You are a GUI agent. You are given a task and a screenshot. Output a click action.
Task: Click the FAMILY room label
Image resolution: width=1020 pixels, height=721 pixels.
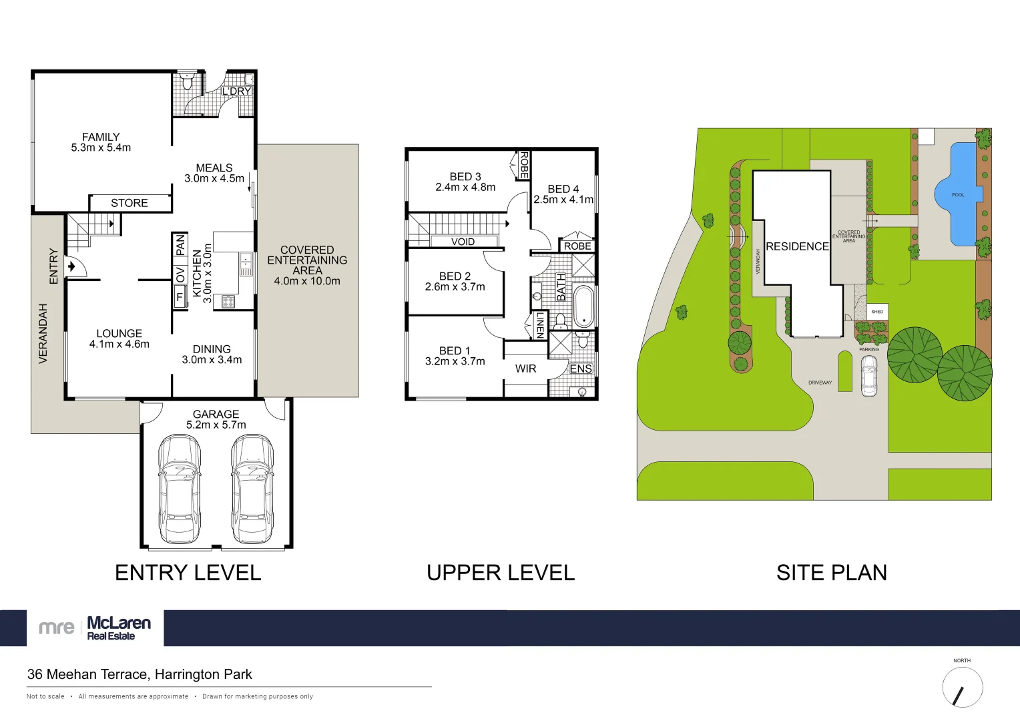[x=101, y=137]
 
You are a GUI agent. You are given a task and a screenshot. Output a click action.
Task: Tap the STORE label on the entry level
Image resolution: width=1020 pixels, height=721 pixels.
[x=130, y=203]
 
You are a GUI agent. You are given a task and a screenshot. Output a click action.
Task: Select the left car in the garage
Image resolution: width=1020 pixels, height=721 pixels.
[x=180, y=489]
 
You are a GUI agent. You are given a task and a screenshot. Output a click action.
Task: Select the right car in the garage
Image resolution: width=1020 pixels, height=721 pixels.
[x=252, y=489]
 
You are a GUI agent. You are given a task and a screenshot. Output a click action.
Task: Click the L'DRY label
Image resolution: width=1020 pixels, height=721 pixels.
[x=236, y=91]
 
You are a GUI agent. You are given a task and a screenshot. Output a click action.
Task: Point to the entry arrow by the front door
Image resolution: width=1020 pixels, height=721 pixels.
[x=72, y=267]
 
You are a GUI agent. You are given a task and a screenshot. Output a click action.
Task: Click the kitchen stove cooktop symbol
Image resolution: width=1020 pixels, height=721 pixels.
[x=228, y=302]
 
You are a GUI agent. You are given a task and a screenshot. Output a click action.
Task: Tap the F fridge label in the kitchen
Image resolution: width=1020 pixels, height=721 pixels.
[x=180, y=298]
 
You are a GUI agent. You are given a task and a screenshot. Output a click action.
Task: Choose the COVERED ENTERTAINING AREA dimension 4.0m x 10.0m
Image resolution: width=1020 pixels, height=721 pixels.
[x=307, y=281]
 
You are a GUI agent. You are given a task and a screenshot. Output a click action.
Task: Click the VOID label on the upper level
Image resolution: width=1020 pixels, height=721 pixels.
[x=463, y=242]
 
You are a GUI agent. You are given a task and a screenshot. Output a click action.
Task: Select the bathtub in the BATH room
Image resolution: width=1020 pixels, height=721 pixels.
[x=583, y=306]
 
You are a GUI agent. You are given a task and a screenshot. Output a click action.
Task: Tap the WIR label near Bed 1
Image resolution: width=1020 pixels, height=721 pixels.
[x=525, y=369]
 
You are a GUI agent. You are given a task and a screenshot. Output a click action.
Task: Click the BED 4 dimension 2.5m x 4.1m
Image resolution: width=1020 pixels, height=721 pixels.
[x=563, y=200]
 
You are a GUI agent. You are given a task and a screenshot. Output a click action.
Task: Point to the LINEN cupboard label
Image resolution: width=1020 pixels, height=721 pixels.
[x=540, y=325]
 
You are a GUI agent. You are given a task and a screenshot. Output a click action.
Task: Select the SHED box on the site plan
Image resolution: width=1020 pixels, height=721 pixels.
[x=877, y=312]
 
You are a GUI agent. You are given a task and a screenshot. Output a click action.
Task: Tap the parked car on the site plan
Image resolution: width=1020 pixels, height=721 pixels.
[x=868, y=376]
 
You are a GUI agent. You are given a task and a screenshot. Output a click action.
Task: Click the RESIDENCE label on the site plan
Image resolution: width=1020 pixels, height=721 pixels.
[x=797, y=246]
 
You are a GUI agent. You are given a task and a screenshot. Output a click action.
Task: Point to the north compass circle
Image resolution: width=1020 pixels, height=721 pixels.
[x=963, y=687]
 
